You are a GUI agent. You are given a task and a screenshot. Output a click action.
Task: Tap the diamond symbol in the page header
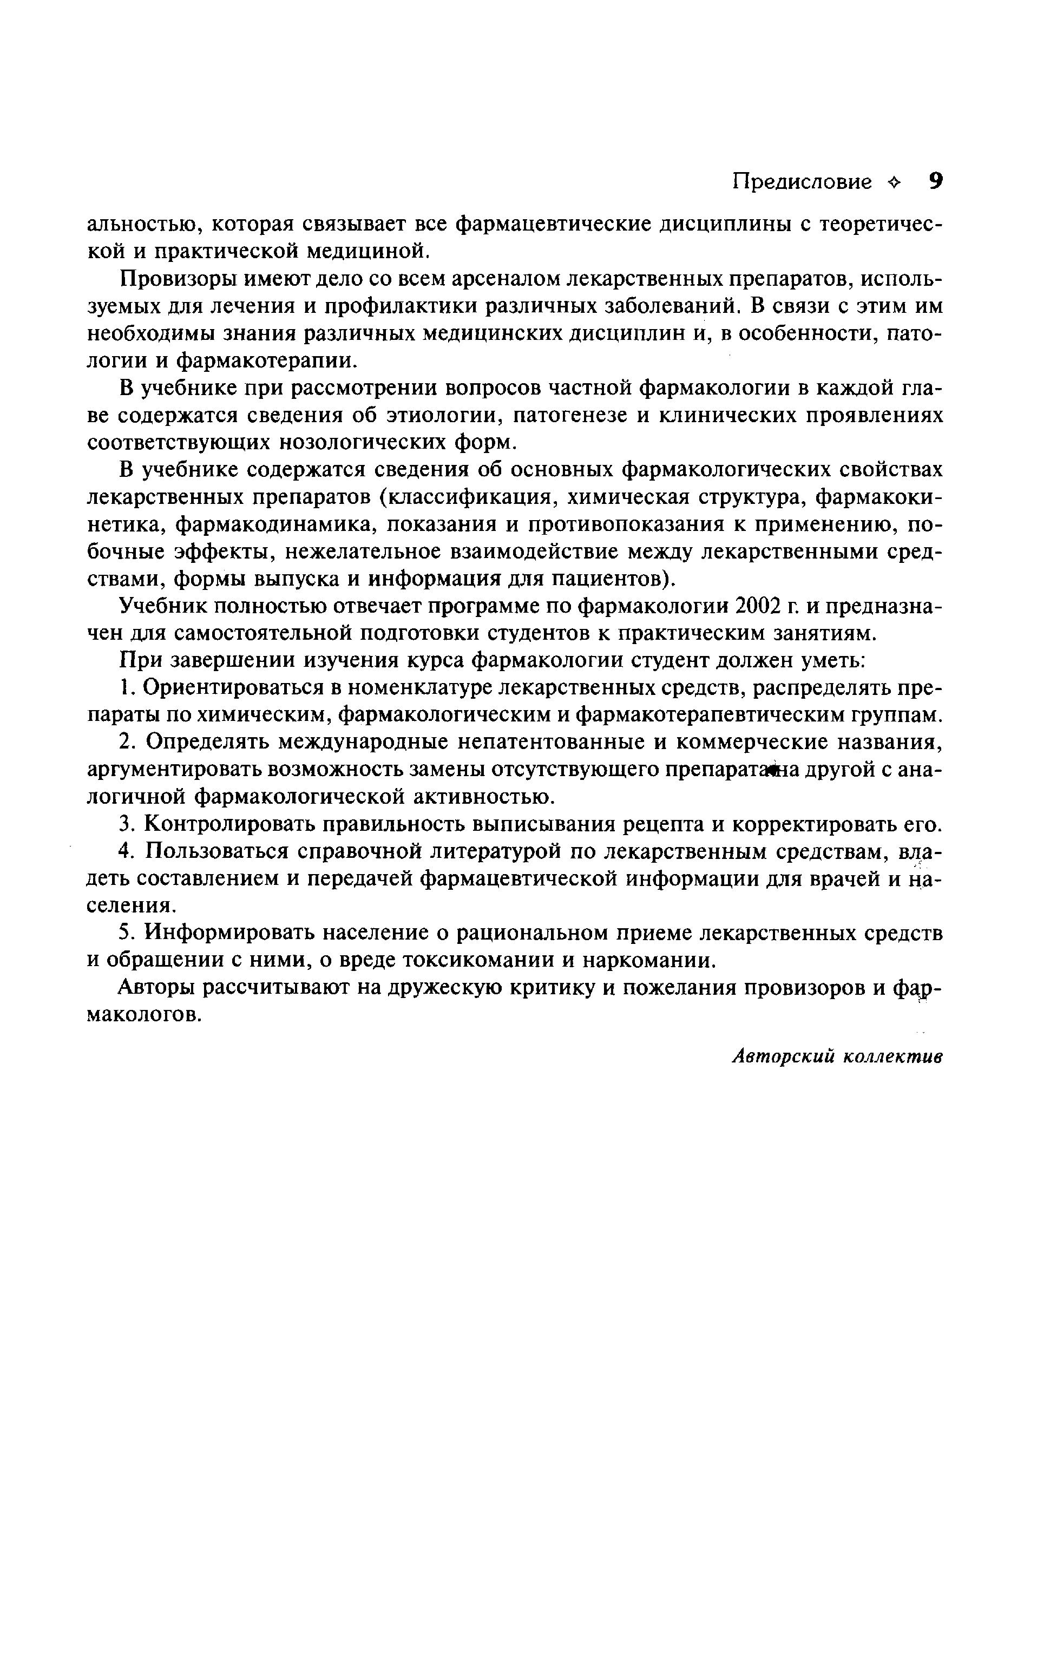892,182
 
